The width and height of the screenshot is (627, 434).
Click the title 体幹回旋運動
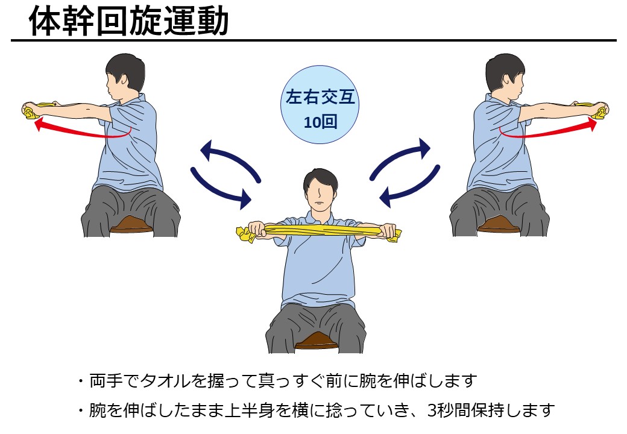[x=129, y=21]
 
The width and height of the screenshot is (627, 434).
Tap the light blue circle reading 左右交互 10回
[x=320, y=105]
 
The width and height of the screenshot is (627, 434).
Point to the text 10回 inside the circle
[x=320, y=122]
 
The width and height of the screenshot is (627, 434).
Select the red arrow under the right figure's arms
[x=549, y=130]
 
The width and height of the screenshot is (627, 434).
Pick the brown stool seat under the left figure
[x=131, y=225]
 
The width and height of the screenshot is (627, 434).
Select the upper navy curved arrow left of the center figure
[x=230, y=158]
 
